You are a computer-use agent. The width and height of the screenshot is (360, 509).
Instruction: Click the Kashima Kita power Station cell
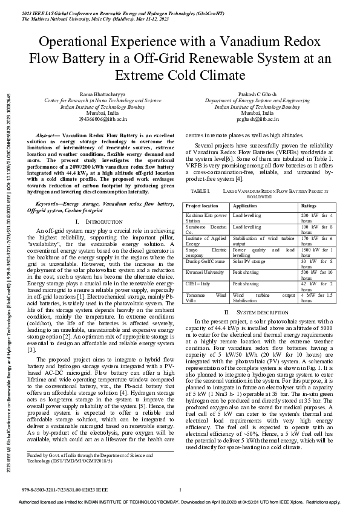207,218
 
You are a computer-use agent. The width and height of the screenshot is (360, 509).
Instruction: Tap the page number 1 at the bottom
180,488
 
